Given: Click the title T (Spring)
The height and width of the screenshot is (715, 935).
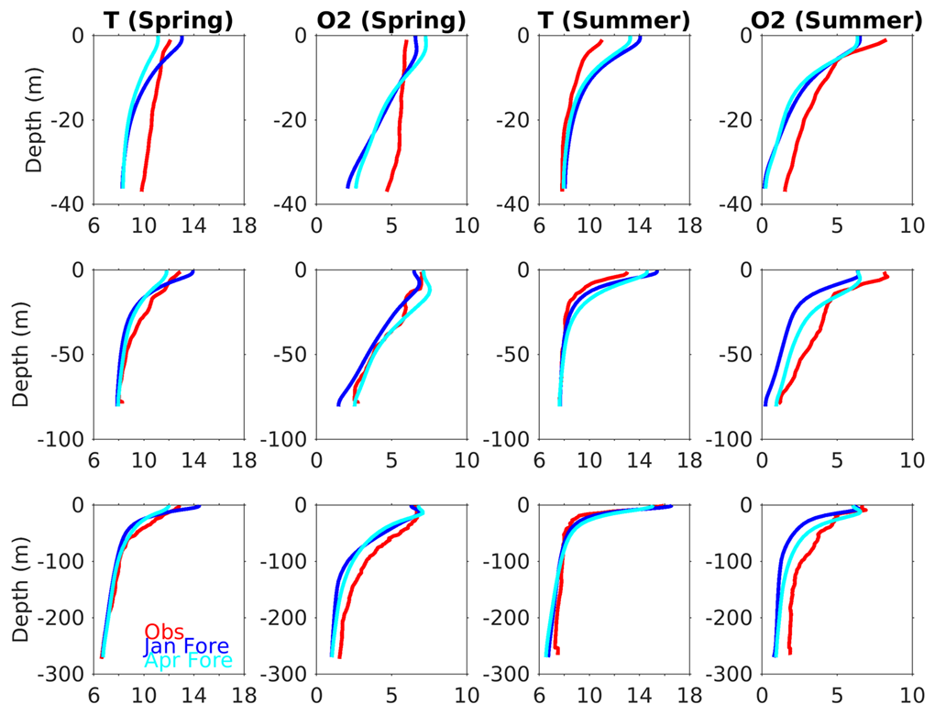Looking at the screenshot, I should tap(169, 18).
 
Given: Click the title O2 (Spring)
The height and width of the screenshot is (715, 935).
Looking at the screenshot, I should tap(391, 18).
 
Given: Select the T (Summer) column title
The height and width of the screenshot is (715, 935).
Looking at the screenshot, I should tap(614, 18).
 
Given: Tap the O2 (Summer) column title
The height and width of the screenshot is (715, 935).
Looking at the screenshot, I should tap(837, 18).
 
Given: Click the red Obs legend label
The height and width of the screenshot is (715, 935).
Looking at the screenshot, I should tap(164, 632).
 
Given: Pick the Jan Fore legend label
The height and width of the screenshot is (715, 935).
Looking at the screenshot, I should tap(186, 646).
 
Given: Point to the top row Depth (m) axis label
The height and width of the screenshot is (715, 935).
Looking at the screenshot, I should tap(35, 119).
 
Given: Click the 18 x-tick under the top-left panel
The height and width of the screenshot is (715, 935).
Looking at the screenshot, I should tap(244, 224).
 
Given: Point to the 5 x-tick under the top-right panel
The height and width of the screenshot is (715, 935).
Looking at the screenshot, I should tap(837, 224).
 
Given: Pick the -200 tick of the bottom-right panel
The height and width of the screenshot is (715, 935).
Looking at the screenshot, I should tap(730, 618).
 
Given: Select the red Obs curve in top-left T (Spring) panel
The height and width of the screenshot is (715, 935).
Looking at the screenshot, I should tap(152, 128).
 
